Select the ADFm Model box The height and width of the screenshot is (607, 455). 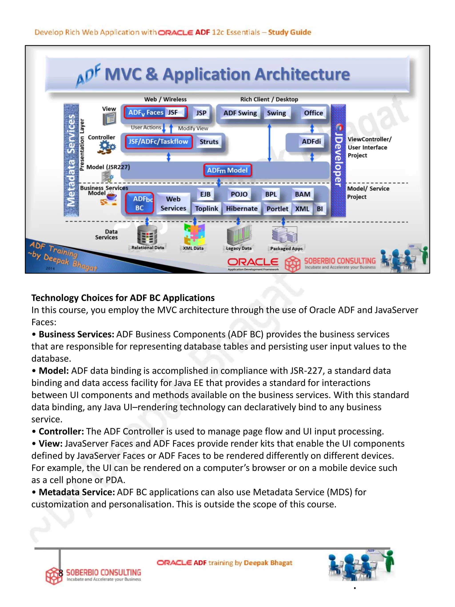[227, 170]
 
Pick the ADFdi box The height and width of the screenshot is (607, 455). [311, 141]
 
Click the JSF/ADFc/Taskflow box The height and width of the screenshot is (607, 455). [159, 142]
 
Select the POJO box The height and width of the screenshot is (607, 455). [239, 194]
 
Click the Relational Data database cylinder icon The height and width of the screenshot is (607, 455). [147, 235]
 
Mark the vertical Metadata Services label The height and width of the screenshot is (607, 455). [71, 160]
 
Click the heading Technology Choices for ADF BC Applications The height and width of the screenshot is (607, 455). [123, 298]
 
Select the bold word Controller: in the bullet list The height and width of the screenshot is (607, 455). [61, 431]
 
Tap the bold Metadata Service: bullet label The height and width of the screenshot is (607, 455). [76, 492]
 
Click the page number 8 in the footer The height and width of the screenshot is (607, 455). [61, 573]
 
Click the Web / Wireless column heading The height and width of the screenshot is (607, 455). [165, 99]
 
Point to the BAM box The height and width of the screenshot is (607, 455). [303, 194]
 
